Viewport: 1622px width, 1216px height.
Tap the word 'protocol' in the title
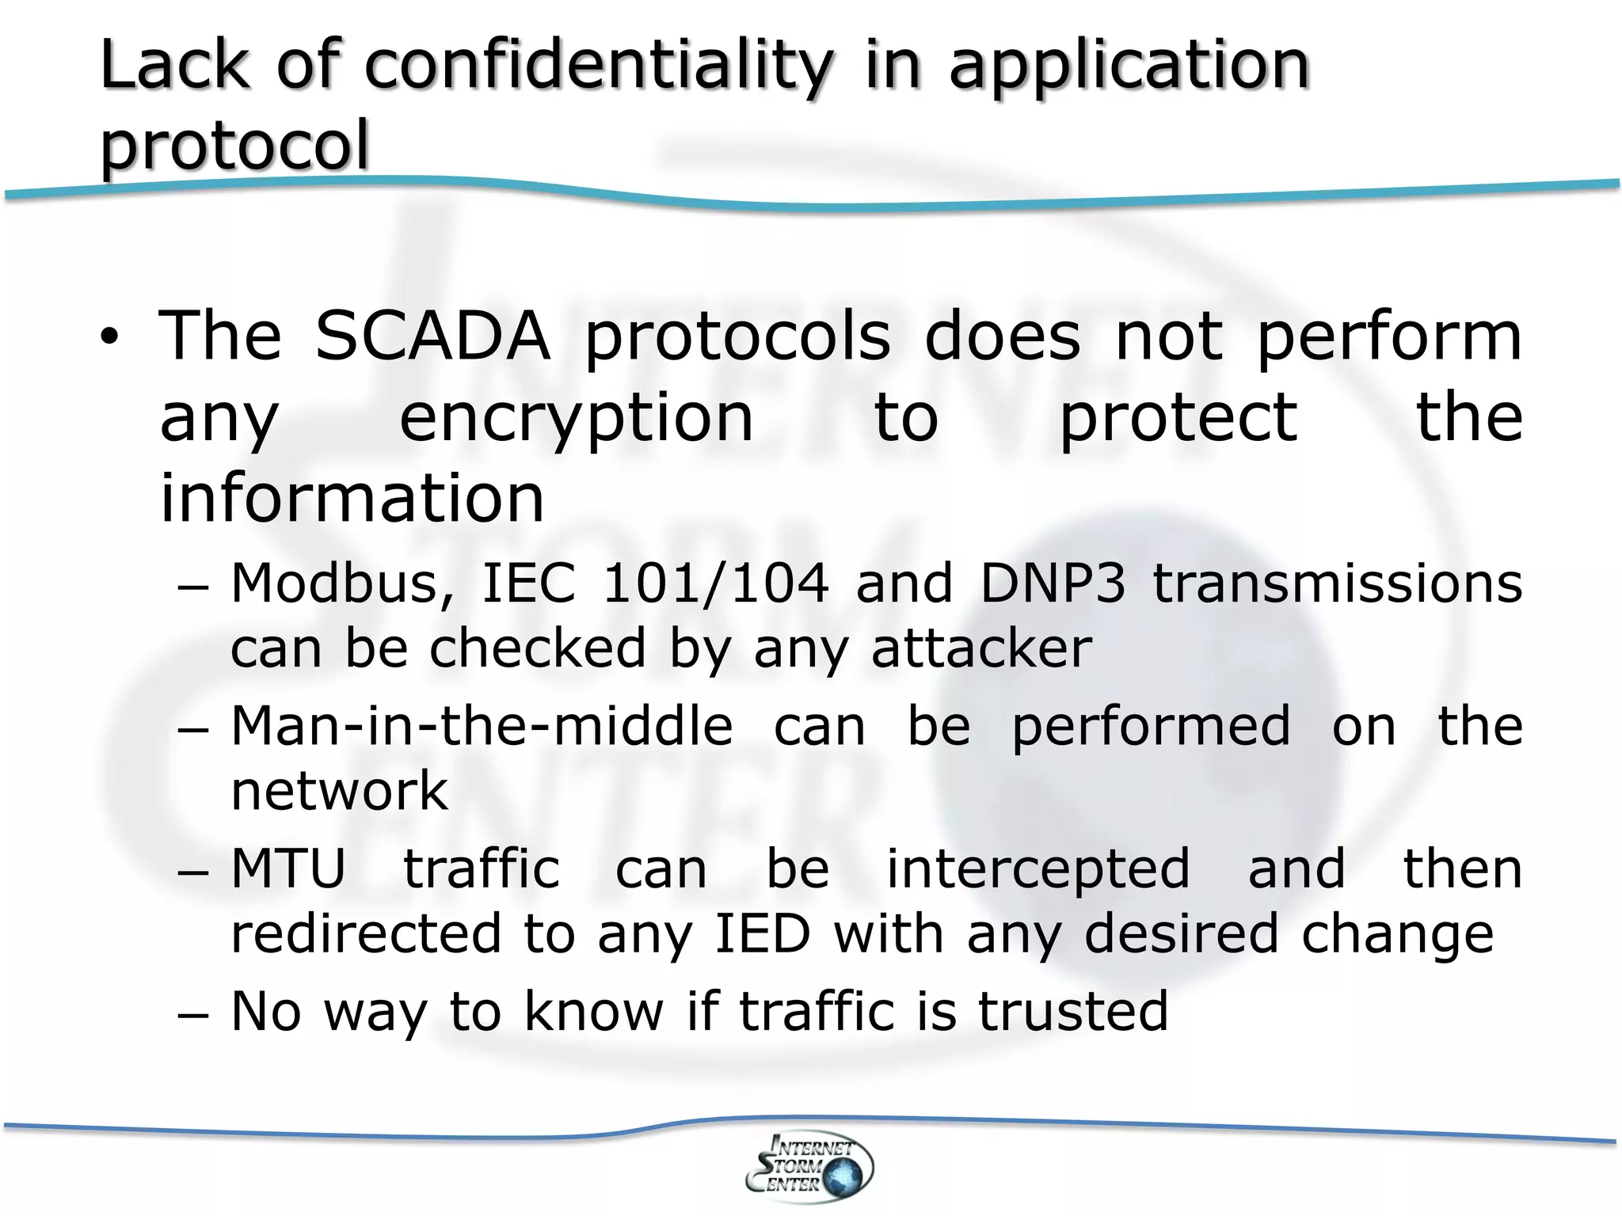234,145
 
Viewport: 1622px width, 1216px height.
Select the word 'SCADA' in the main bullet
432,336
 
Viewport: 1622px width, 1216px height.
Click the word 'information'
352,499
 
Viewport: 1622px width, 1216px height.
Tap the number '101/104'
715,583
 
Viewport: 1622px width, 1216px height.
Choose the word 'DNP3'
1053,583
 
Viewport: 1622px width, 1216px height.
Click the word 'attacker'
981,648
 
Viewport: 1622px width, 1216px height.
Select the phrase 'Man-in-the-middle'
482,726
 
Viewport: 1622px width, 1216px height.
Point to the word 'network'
339,791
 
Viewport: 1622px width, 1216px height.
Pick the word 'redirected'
366,933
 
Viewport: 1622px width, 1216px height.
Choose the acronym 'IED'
763,933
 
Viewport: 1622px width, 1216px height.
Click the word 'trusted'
1073,1011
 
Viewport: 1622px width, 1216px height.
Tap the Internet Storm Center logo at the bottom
809,1166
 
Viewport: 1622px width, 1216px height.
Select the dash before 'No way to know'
192,1014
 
